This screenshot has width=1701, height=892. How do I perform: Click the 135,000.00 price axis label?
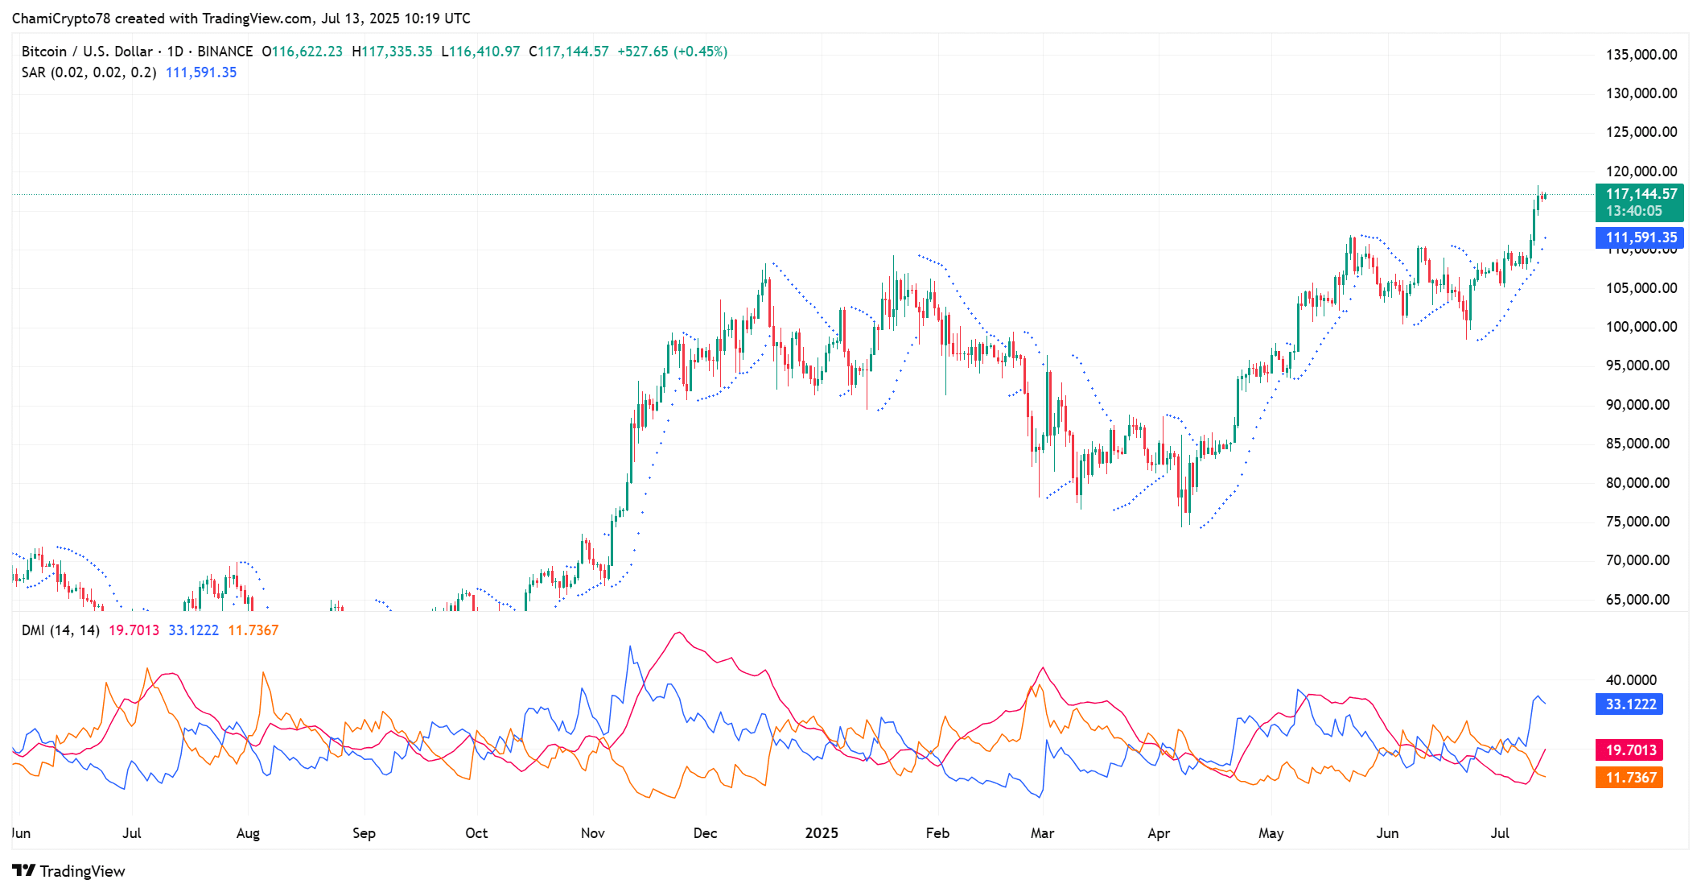pos(1641,55)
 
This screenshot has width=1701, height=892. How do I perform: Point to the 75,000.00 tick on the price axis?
pos(1637,522)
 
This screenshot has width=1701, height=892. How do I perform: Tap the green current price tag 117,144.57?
pos(1641,194)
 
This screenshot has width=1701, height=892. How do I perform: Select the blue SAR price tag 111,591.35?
pos(1641,237)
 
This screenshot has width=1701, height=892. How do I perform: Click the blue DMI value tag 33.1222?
pos(1630,704)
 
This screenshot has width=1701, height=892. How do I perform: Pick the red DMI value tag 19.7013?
pos(1630,750)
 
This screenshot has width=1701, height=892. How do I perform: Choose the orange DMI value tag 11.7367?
pos(1630,778)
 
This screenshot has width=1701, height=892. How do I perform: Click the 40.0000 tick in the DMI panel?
pos(1631,680)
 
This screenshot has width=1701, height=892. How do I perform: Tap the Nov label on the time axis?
pos(593,833)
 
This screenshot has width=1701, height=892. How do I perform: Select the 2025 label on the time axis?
pos(822,833)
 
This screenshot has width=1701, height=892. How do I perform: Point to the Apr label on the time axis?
pos(1159,833)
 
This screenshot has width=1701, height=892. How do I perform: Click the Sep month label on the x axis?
pos(364,833)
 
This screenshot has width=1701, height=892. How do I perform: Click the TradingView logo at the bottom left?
pos(69,871)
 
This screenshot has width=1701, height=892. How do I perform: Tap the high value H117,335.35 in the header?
pos(392,52)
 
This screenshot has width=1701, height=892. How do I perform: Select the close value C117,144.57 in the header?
pos(569,52)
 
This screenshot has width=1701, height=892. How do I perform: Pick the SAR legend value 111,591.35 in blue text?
pos(201,72)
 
